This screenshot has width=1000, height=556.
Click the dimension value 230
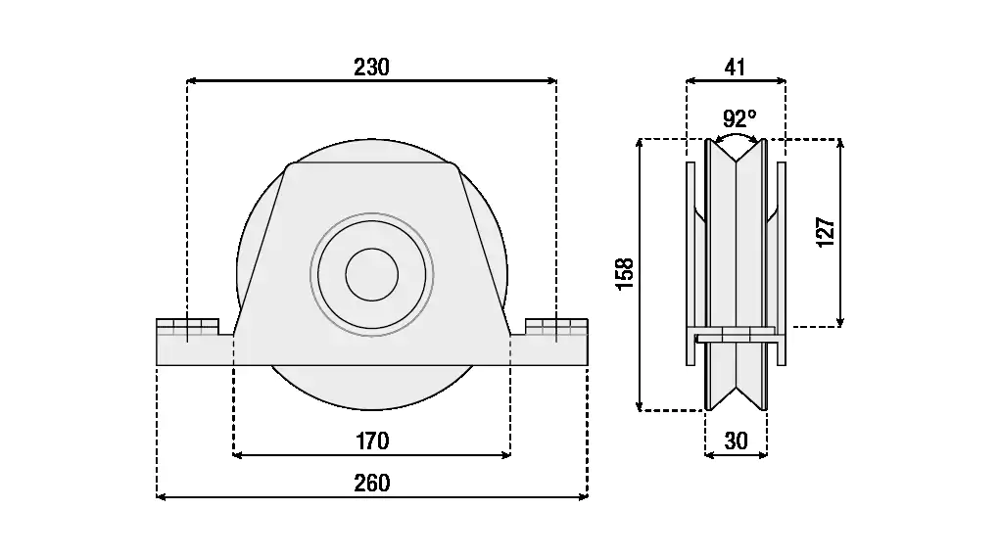click(371, 67)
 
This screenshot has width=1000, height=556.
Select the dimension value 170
click(371, 440)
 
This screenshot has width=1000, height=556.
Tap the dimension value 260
click(371, 483)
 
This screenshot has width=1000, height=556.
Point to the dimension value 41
click(736, 67)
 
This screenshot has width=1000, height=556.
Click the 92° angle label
click(739, 118)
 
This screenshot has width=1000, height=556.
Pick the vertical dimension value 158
click(624, 273)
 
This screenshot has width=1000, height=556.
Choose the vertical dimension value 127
click(825, 232)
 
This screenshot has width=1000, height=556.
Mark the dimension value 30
click(736, 440)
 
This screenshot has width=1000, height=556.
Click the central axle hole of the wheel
click(371, 273)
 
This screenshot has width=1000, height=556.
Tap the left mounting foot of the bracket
click(194, 343)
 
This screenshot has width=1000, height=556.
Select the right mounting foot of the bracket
click(549, 343)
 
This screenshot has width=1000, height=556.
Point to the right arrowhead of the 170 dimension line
click(506, 455)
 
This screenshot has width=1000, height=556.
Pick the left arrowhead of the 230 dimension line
click(191, 81)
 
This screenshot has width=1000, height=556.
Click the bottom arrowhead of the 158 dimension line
click(640, 406)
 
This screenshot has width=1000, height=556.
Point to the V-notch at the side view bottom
click(736, 397)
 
